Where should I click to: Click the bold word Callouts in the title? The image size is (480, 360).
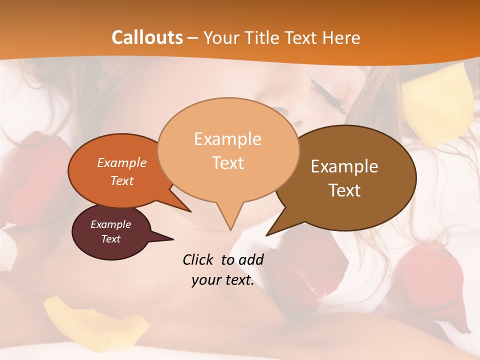coord(147,37)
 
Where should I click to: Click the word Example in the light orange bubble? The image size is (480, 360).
coord(227,139)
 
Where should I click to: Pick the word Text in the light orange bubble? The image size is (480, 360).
coord(228,163)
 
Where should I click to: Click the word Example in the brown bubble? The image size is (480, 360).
coord(344,166)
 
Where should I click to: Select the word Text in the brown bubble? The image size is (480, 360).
coord(344,190)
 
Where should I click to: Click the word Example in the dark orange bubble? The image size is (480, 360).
coord(121,163)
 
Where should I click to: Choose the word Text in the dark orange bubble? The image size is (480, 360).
coord(121,181)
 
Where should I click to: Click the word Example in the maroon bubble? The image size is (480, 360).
coord(110,224)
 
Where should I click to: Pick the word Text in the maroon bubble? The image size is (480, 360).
coord(110,239)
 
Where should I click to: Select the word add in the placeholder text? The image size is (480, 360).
coord(250,259)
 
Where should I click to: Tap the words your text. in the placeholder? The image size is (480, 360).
coord(222,280)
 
